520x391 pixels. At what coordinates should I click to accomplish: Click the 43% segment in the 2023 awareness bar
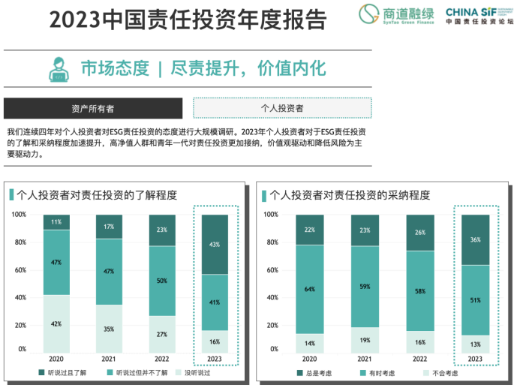tap(215, 245)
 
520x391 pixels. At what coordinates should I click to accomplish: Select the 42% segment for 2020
tap(56, 323)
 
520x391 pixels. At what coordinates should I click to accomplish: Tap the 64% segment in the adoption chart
tap(310, 289)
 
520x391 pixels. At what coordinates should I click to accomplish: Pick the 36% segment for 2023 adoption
tap(475, 239)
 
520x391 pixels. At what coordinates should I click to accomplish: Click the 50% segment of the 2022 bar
tap(162, 281)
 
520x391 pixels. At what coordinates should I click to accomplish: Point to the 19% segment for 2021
tap(365, 339)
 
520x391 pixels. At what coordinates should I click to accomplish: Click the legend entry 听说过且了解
tap(65, 373)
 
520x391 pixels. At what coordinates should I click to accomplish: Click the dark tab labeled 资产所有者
tap(93, 108)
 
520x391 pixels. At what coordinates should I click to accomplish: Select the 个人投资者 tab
tap(282, 108)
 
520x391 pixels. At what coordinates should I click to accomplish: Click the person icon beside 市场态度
tap(57, 68)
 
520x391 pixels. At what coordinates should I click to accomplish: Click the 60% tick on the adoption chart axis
tap(271, 269)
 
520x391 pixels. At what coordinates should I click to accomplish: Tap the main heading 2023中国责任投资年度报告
tap(188, 20)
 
